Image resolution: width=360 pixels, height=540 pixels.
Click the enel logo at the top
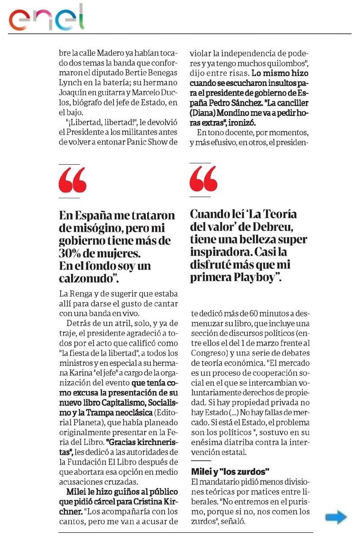coord(47,18)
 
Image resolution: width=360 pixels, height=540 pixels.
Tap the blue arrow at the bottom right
coord(336,517)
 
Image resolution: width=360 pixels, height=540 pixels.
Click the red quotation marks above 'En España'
coord(72,180)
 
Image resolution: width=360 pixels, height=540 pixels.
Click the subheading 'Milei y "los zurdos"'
coord(230,471)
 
